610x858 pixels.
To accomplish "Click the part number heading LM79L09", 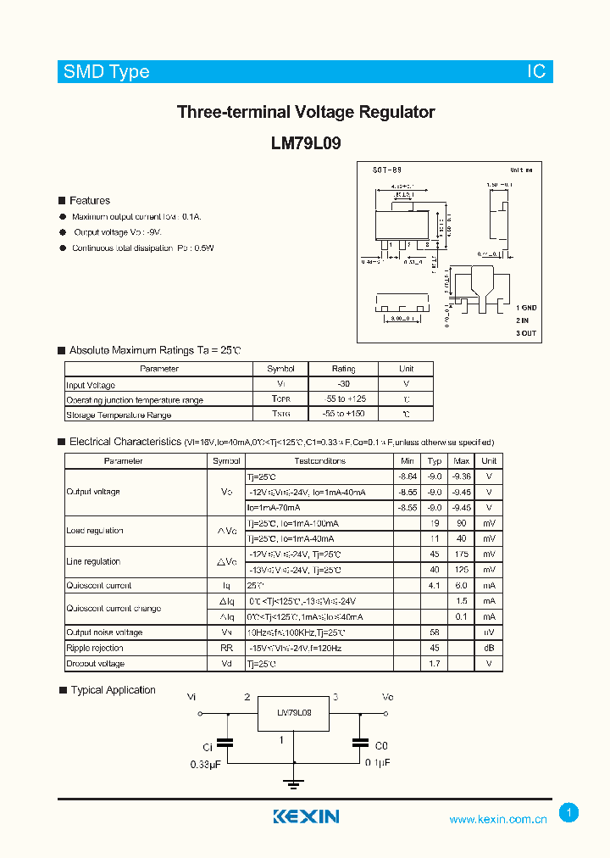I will [x=306, y=143].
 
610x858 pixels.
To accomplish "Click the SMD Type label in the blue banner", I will [x=106, y=72].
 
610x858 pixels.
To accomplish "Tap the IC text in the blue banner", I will [x=536, y=72].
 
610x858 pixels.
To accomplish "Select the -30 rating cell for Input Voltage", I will [x=343, y=384].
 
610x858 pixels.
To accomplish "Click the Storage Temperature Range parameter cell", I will [x=119, y=415].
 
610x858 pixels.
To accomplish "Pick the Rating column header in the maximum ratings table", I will [x=343, y=369].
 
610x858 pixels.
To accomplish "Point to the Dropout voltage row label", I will [x=95, y=664].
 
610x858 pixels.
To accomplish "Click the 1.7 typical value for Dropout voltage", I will [x=435, y=664].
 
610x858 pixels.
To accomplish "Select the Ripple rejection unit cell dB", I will [x=489, y=648].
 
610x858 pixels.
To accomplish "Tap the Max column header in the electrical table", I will [x=462, y=461].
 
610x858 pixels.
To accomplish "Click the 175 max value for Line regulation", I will [x=462, y=554].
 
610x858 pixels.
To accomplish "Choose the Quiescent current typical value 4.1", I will [x=435, y=585].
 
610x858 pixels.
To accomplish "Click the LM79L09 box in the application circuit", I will [x=295, y=714].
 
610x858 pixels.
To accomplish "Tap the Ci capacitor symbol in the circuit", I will [x=226, y=743].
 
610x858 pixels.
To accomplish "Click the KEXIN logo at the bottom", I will [x=306, y=816].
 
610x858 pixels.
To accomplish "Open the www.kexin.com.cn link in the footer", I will [x=498, y=819].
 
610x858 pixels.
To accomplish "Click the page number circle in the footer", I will [x=569, y=813].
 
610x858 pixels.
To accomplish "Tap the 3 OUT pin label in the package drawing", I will [x=526, y=333].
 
